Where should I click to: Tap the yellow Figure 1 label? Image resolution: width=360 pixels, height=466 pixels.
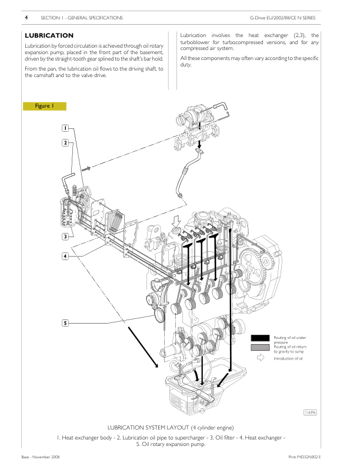tap(45, 106)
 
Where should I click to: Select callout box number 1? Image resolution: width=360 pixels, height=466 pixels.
tap(66, 128)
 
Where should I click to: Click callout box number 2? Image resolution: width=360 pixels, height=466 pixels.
tap(66, 142)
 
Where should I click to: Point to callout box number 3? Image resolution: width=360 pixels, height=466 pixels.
tap(66, 236)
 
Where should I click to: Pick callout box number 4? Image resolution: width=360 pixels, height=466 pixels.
tap(66, 256)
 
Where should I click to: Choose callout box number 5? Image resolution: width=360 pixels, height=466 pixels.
tap(66, 322)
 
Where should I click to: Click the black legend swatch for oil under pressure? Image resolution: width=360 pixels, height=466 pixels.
tap(259, 338)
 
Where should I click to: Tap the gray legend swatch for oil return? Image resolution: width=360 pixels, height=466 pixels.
tap(259, 348)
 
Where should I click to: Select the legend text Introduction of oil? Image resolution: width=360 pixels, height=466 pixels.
tap(288, 358)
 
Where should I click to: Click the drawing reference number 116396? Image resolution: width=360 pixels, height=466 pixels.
tap(311, 413)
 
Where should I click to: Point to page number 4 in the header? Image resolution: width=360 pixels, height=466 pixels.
tap(26, 18)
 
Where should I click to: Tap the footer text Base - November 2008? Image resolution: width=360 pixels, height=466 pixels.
tap(40, 457)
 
